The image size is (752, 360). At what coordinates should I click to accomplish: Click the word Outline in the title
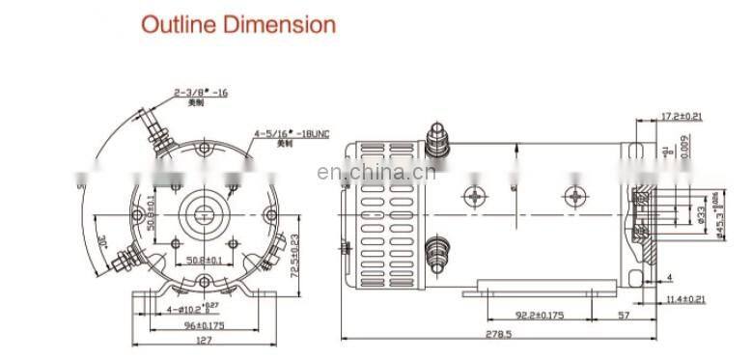pyautogui.click(x=177, y=24)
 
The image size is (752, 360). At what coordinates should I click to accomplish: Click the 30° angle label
pyautogui.click(x=99, y=239)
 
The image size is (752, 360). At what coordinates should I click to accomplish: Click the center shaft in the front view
pyautogui.click(x=204, y=206)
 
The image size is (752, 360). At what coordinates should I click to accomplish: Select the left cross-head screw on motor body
pyautogui.click(x=475, y=196)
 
